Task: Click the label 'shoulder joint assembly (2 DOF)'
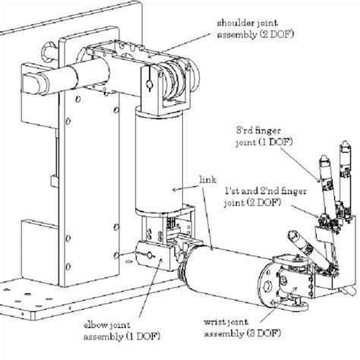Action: (x=255, y=29)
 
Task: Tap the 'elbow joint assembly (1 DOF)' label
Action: (x=122, y=331)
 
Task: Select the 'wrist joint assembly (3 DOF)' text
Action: (x=242, y=328)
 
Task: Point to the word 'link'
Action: (x=208, y=179)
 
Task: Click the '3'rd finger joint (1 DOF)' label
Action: (x=264, y=137)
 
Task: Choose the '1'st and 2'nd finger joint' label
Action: (x=265, y=197)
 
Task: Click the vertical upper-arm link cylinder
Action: (x=159, y=161)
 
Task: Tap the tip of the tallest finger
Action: (x=345, y=143)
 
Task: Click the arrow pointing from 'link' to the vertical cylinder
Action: (x=185, y=188)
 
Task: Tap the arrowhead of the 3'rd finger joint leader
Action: (x=319, y=180)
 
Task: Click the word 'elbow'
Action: (x=95, y=325)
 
